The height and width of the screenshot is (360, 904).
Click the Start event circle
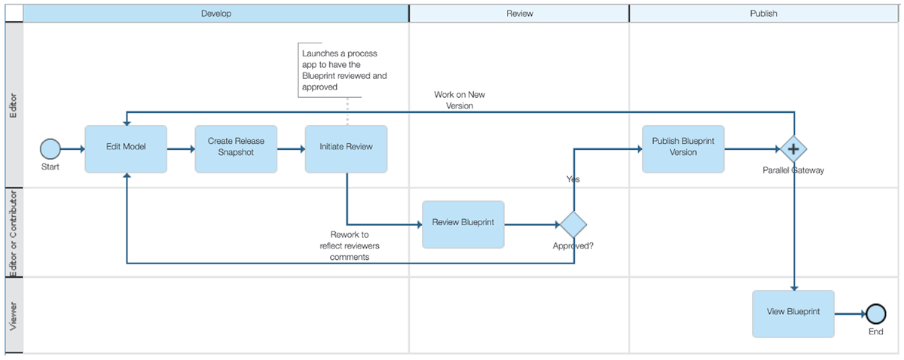click(x=50, y=149)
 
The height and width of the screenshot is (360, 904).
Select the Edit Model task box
click(x=126, y=148)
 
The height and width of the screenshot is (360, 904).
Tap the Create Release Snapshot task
click(x=236, y=148)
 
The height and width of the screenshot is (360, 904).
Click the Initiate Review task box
click(x=346, y=148)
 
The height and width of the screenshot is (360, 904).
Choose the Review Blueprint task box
click(x=463, y=224)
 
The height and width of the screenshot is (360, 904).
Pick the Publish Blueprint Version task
click(x=683, y=148)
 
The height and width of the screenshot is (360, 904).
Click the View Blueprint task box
click(x=793, y=313)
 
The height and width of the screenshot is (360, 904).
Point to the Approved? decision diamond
click(x=573, y=224)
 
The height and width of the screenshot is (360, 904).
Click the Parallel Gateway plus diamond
click(x=793, y=149)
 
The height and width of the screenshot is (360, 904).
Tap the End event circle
click(x=875, y=313)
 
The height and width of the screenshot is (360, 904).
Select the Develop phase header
click(x=216, y=14)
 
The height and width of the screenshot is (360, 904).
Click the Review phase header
click(x=519, y=14)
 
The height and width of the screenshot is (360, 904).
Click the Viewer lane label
click(x=13, y=316)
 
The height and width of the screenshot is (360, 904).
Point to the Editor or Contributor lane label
click(x=13, y=233)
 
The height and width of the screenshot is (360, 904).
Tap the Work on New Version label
click(x=454, y=100)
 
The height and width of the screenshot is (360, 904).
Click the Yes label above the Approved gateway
click(x=573, y=179)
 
